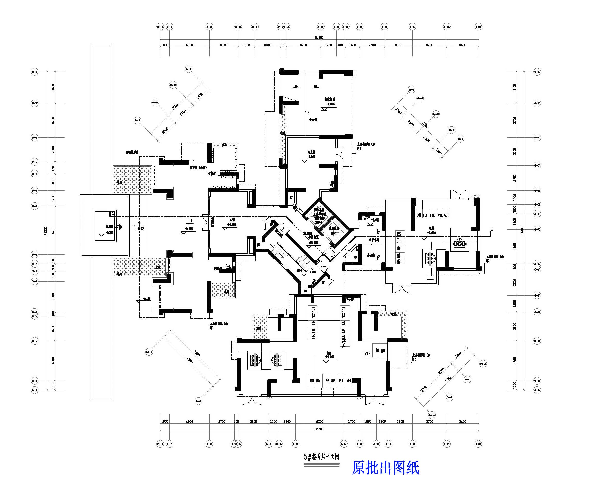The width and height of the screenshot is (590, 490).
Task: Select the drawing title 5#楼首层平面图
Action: (x=321, y=457)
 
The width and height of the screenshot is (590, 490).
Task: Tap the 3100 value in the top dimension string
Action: (x=224, y=45)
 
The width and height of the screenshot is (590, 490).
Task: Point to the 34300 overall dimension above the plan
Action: (x=319, y=38)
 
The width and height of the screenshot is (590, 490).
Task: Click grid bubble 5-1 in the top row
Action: (x=160, y=27)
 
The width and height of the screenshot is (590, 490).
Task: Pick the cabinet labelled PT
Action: (x=341, y=381)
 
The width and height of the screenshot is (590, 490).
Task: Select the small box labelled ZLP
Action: (x=368, y=354)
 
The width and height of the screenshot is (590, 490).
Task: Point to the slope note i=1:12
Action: (x=139, y=228)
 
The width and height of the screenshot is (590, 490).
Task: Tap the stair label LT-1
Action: (x=299, y=271)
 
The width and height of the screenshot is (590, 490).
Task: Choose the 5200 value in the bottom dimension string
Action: (x=319, y=421)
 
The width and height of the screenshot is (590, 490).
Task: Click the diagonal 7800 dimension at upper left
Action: (x=175, y=107)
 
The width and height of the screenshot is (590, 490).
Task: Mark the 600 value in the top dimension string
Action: (x=283, y=45)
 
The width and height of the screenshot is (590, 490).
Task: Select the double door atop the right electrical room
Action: (x=459, y=194)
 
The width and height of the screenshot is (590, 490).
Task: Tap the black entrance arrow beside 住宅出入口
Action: (x=121, y=227)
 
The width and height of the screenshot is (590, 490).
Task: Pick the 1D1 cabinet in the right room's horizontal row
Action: (x=418, y=215)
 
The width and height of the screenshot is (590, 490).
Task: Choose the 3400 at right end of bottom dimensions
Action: (x=462, y=421)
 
